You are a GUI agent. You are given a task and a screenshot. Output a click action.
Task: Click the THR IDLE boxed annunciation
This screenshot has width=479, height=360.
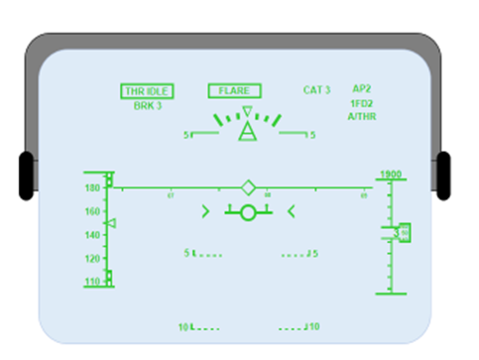coord(148,91)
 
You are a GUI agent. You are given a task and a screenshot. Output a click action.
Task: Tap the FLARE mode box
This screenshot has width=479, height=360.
coord(234,90)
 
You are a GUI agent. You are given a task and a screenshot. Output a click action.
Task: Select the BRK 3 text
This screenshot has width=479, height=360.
coord(147,106)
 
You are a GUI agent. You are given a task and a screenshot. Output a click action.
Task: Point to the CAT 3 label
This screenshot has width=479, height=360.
coord(316,90)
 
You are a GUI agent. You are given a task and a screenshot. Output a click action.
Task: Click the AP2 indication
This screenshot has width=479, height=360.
coord(362,88)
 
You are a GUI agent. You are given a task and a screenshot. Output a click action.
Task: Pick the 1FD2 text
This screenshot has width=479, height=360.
coord(362,102)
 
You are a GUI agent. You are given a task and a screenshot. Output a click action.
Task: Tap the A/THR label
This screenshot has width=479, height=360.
coord(362,116)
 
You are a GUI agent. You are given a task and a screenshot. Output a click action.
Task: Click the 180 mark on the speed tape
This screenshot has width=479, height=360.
coord(93,187)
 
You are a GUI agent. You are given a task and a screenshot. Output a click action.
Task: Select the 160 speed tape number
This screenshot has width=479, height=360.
coord(93,211)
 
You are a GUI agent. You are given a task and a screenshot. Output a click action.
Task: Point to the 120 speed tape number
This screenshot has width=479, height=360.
coord(93,258)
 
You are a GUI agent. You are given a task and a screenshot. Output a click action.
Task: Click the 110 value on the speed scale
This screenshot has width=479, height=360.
coord(93,282)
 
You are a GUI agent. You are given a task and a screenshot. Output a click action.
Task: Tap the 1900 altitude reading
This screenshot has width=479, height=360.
coord(390,174)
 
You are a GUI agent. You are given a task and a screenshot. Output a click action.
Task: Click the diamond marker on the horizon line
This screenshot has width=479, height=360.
coord(248,187)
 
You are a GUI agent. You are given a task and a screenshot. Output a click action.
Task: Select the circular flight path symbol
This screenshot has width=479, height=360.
coord(248,211)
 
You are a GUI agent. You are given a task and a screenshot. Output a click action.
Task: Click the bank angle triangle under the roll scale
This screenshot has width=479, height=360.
coord(247,133)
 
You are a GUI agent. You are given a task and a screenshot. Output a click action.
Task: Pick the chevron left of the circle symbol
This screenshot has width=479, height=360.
coord(205,210)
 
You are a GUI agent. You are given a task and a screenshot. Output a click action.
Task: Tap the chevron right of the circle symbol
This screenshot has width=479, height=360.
coord(291,210)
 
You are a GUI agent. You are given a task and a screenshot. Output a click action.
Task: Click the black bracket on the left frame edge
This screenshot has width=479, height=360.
coord(26,176)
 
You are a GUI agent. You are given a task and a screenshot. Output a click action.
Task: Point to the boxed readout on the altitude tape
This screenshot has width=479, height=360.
coord(404,233)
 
